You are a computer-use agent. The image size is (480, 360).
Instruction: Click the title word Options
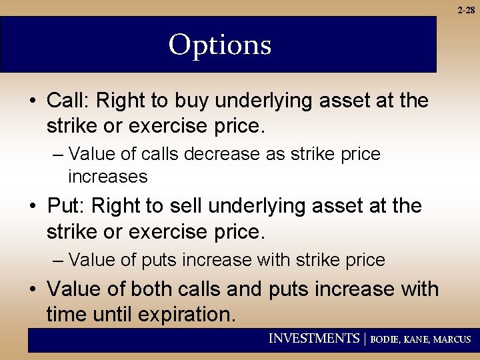pyautogui.click(x=220, y=45)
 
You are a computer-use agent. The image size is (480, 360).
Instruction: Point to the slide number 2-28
pyautogui.click(x=466, y=9)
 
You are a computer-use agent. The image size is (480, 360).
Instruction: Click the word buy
pyautogui.click(x=193, y=101)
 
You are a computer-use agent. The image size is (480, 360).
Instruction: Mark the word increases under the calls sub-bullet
pyautogui.click(x=107, y=177)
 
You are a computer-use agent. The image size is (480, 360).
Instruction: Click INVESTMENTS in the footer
pyautogui.click(x=313, y=339)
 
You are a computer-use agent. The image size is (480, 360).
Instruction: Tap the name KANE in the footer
pyautogui.click(x=418, y=339)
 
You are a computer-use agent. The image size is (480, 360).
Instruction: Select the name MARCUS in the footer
pyautogui.click(x=452, y=339)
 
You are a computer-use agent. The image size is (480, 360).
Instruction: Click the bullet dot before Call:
pyautogui.click(x=33, y=101)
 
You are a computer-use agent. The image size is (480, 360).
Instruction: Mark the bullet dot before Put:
pyautogui.click(x=33, y=207)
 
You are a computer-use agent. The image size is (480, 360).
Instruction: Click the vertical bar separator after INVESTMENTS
pyautogui.click(x=365, y=339)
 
